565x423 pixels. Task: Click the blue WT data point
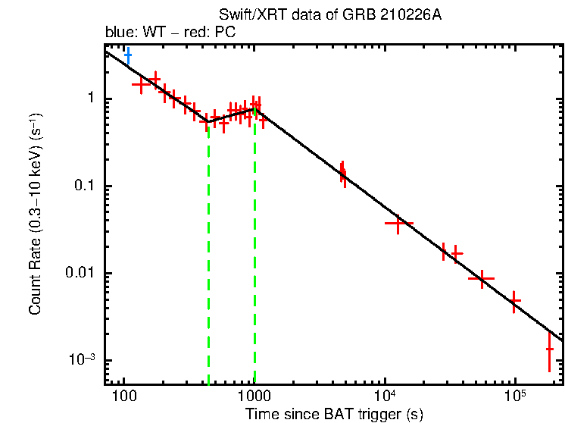[x=128, y=55]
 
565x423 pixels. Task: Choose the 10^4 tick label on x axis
[x=385, y=396]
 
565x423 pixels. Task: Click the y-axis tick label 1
[x=89, y=99]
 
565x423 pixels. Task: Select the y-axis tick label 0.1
[x=83, y=186]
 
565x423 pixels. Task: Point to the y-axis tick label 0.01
[x=80, y=274]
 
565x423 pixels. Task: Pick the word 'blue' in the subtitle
[x=117, y=33]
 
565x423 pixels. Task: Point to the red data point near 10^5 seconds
[x=515, y=301]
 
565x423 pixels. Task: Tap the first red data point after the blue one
[x=141, y=85]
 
